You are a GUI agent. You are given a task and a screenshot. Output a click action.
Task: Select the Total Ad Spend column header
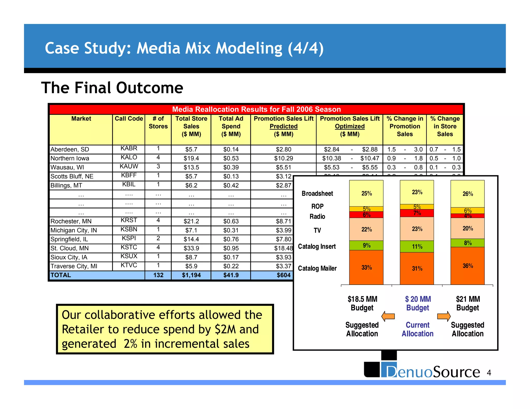[x=231, y=126]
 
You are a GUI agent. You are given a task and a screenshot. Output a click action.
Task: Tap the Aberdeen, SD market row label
[x=70, y=149]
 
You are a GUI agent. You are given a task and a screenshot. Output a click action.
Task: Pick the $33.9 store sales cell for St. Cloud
[x=191, y=248]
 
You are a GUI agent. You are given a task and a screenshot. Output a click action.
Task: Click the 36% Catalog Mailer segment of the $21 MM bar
[x=467, y=266]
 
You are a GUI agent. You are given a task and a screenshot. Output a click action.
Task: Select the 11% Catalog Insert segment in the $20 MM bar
[x=417, y=246]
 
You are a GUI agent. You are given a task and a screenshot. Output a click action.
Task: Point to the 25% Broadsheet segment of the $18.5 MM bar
[x=366, y=193]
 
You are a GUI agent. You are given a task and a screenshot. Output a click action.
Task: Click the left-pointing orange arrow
[x=388, y=316]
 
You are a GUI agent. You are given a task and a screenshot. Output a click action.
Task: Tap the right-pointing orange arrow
[x=444, y=316]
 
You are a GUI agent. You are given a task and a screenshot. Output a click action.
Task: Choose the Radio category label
[x=317, y=216]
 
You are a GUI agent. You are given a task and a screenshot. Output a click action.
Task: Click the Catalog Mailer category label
[x=317, y=268]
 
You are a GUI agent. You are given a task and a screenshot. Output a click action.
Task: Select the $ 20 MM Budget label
[x=418, y=303]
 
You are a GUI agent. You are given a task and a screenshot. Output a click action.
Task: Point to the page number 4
[x=489, y=373]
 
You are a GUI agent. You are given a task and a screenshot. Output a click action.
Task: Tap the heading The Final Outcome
[x=112, y=88]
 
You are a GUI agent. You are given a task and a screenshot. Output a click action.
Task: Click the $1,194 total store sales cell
[x=191, y=275]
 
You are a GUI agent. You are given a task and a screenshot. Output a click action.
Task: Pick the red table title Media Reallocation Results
[x=256, y=109]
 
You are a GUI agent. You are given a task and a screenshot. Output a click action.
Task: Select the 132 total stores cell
[x=158, y=275]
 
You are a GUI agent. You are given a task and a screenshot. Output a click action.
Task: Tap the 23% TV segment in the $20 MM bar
[x=417, y=229]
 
